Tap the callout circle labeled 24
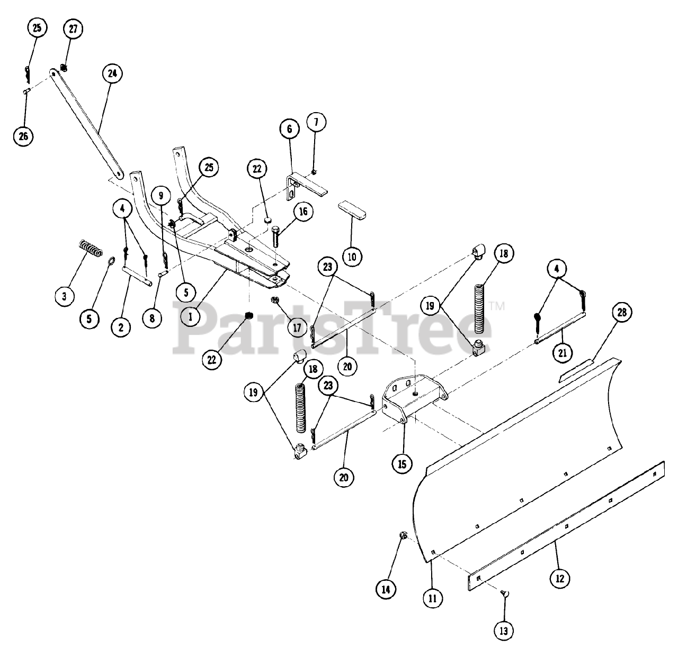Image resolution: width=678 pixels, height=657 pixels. coord(112,74)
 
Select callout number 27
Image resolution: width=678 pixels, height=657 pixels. coord(73,29)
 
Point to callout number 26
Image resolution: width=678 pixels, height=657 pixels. coord(23,136)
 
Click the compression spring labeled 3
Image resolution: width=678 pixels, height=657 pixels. coord(91,248)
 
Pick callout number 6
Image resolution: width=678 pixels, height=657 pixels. coord(290,129)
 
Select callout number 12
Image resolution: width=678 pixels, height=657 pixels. coord(559,578)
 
